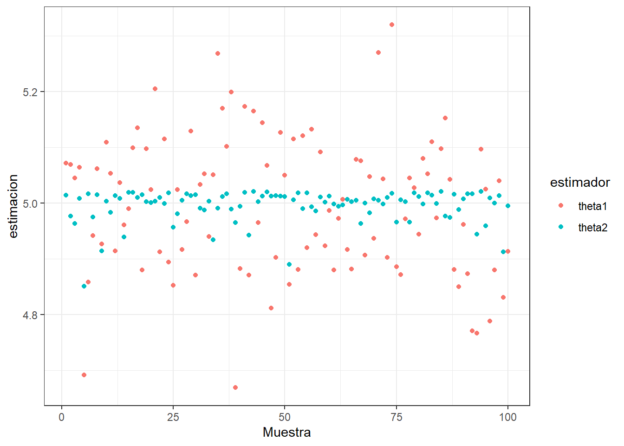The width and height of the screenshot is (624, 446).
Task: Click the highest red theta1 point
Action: point(392,25)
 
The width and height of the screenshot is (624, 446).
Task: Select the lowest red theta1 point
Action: point(235,387)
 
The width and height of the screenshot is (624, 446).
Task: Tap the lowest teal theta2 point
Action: point(84,286)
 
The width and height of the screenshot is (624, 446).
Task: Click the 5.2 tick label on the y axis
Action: point(30,92)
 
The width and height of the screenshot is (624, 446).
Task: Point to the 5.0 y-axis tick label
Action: point(30,203)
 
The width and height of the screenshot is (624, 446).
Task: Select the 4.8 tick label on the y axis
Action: point(30,315)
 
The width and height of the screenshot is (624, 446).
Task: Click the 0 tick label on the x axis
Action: point(62,417)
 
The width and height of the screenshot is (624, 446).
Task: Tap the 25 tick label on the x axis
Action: point(173,417)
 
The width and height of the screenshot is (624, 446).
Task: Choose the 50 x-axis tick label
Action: point(285,417)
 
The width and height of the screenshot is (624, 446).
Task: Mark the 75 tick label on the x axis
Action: point(396,417)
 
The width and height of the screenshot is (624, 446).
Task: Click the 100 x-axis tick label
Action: point(507,417)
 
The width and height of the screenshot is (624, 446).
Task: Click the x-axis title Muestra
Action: point(286,433)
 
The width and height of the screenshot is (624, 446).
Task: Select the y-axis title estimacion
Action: point(13,206)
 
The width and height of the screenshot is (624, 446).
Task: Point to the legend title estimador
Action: point(580,183)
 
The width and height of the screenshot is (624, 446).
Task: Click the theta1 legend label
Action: point(592,206)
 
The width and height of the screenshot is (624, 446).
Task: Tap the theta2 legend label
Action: point(592,228)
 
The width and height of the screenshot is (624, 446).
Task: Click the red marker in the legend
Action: point(561,205)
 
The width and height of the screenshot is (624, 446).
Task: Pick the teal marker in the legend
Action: point(561,227)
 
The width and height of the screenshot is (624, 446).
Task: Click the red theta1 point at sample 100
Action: point(508,251)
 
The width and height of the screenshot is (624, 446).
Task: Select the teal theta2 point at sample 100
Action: point(508,206)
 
